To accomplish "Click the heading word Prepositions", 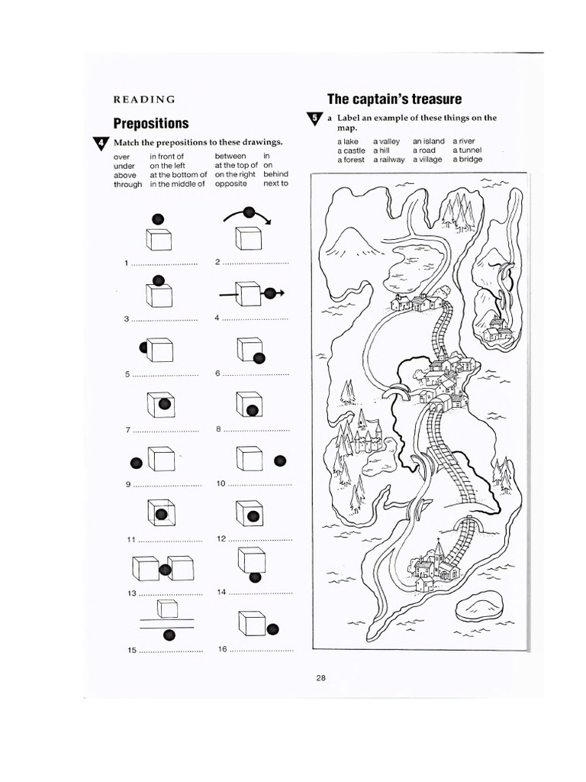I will point(151,123).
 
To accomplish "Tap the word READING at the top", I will point(144,99).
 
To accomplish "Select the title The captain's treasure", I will point(394,99).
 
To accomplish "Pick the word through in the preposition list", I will point(127,184).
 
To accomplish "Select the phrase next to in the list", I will point(275,184).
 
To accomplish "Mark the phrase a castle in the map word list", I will point(351,150).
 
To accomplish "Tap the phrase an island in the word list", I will point(428,141).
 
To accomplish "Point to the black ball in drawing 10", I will point(280,460).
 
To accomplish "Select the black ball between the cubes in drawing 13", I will point(164,569).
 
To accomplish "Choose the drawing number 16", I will point(222,649).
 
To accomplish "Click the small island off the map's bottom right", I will point(479,607).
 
